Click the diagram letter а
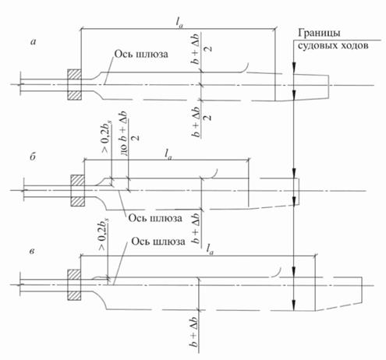click(34, 42)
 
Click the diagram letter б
click(33, 157)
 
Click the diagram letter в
click(32, 252)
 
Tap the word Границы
click(319, 34)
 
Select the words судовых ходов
click(333, 46)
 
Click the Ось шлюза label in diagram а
click(141, 54)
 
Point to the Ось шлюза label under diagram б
click(155, 218)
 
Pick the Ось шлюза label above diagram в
click(158, 242)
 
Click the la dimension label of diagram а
click(179, 23)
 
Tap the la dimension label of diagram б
click(168, 154)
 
